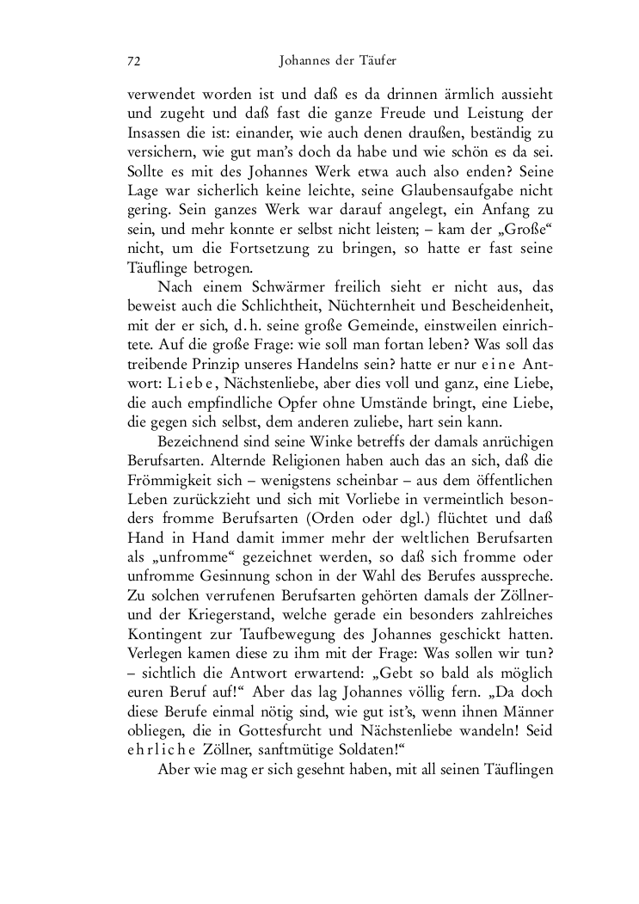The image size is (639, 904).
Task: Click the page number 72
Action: tap(133, 62)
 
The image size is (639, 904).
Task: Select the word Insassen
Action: tap(153, 133)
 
